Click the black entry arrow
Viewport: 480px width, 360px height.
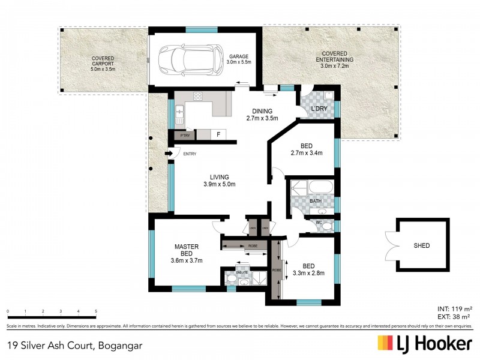point(169,154)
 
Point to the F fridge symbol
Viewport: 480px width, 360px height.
point(218,135)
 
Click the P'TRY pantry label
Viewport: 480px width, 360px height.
point(185,136)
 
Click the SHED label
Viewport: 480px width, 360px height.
point(421,245)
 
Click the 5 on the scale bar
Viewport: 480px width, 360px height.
point(96,311)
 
